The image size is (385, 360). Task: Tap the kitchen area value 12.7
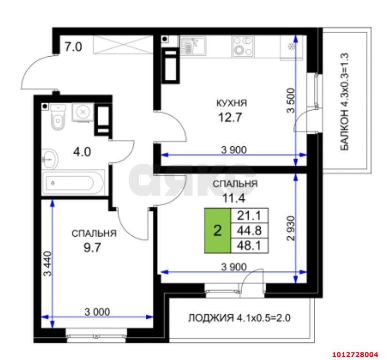tap(230, 117)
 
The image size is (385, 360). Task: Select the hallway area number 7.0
tap(73, 46)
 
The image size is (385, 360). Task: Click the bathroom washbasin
tap(49, 159)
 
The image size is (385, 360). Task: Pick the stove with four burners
tap(243, 46)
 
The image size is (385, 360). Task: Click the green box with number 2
tap(218, 230)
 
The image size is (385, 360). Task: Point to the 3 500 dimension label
tap(291, 100)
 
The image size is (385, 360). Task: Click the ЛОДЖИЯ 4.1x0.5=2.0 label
tap(240, 318)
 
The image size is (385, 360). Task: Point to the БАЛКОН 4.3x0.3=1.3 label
tap(345, 102)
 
